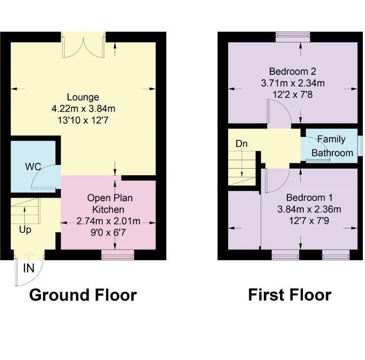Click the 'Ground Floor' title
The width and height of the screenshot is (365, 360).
[82, 295]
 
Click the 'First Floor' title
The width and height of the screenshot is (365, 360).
[289, 295]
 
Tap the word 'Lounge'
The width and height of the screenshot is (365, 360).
[83, 97]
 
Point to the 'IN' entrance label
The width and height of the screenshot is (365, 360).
[29, 269]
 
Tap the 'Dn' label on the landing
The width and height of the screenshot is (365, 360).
[242, 144]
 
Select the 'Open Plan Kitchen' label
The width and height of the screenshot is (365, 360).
[110, 203]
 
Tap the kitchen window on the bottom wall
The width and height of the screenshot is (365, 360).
[118, 255]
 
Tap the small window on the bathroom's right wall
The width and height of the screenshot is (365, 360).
[360, 146]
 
